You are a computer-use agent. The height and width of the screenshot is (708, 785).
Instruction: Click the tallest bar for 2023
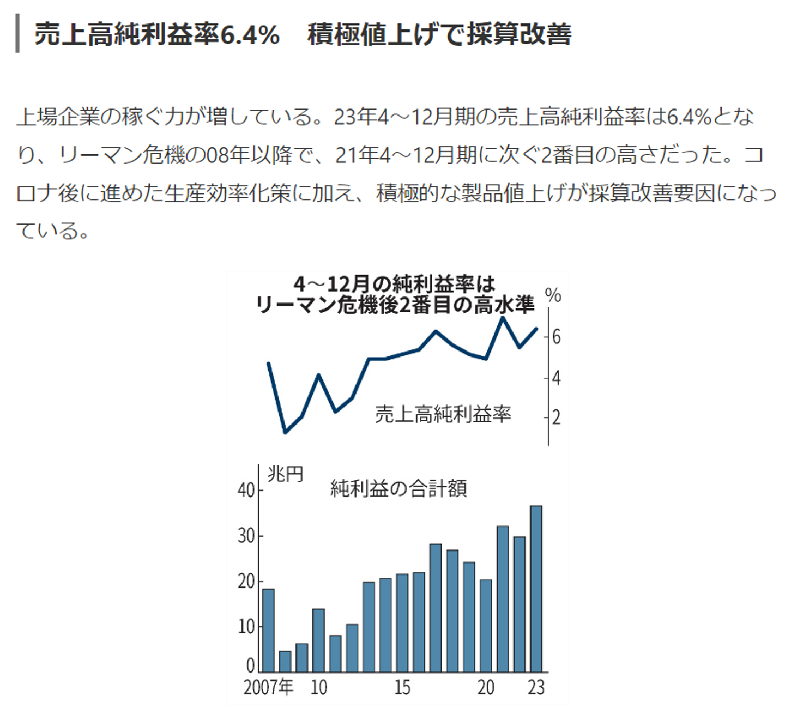[536, 589]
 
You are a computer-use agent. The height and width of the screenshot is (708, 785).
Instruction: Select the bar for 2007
[268, 630]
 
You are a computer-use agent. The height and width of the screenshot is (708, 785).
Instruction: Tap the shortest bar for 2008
[285, 661]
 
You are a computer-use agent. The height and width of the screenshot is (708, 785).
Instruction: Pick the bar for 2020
[486, 625]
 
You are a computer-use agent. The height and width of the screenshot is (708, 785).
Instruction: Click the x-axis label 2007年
[268, 687]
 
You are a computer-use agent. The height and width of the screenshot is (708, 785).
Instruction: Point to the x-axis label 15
[402, 687]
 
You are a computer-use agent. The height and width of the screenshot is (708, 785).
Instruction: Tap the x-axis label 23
[536, 687]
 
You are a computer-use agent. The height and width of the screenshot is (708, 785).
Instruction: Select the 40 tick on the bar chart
[246, 490]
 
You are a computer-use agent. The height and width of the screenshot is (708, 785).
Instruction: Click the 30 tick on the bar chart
[246, 536]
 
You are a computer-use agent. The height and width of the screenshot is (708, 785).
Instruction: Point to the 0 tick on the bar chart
[251, 665]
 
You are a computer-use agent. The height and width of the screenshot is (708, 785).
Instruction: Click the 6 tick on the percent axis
[556, 337]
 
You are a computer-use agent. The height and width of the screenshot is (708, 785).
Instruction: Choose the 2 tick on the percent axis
[556, 417]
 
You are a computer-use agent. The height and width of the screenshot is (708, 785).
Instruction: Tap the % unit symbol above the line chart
[553, 295]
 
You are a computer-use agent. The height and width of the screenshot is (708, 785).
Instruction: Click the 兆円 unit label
[285, 474]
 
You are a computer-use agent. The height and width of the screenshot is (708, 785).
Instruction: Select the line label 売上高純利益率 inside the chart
[443, 414]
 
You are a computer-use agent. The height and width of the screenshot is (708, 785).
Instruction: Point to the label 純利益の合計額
[398, 488]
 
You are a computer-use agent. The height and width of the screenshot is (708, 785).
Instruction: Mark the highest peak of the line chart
[503, 317]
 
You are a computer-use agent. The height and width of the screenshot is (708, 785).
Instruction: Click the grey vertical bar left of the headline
[18, 34]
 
